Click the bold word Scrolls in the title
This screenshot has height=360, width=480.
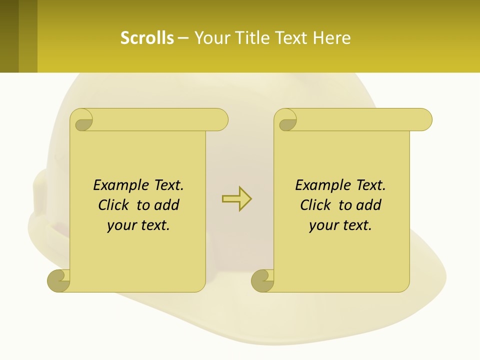(147, 38)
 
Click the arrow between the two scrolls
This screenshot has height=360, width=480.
(236, 199)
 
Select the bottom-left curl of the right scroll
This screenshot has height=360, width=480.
(262, 280)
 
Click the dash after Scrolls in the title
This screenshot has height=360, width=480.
(183, 38)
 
